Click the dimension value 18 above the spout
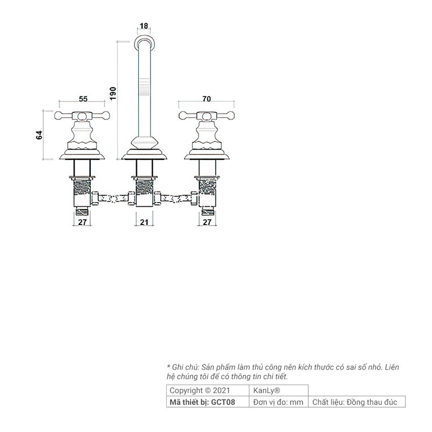(144, 26)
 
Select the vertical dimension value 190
(113, 93)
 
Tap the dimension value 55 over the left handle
(83, 99)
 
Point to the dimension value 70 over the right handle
(207, 99)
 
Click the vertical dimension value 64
(39, 135)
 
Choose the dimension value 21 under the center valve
(144, 222)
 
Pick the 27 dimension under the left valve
(83, 222)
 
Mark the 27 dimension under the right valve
(207, 222)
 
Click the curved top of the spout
(144, 42)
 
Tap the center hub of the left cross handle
(82, 117)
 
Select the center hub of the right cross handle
(206, 117)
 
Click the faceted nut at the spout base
(144, 143)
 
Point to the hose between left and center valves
(113, 198)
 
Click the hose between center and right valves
(176, 198)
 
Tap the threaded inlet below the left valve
(82, 212)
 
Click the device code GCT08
(223, 402)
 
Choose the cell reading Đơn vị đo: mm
(278, 402)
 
